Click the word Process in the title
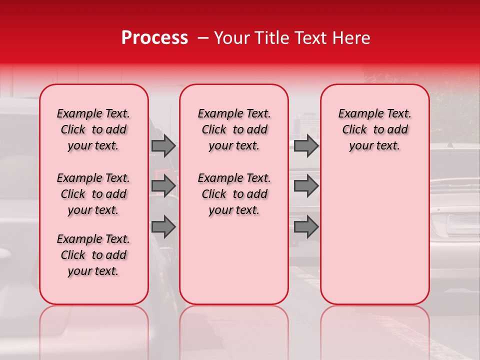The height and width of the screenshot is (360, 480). tap(154, 38)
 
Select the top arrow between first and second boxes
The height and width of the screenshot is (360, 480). tap(163, 145)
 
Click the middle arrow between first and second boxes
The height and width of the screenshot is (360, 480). tap(163, 186)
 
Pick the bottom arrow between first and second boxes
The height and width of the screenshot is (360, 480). tap(163, 227)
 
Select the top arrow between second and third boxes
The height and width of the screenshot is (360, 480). tap(306, 145)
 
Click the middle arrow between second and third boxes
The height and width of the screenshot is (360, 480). tap(306, 186)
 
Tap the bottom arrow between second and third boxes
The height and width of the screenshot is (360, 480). tap(306, 227)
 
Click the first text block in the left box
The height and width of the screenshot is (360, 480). tap(93, 129)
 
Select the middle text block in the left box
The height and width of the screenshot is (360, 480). tap(93, 194)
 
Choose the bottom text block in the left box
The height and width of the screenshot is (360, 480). tap(93, 255)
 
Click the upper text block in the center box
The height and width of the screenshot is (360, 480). tap(234, 129)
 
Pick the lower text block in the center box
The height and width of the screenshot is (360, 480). tap(234, 194)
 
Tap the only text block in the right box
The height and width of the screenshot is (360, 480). tap(375, 129)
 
